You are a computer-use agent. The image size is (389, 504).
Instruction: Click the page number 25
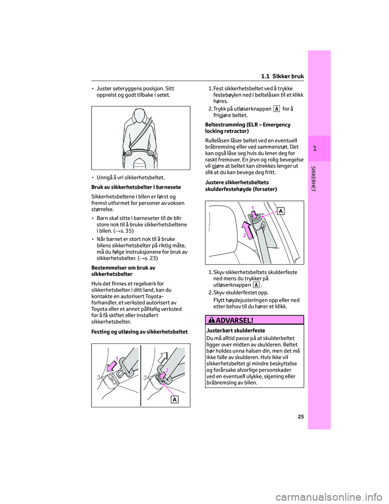[299, 417]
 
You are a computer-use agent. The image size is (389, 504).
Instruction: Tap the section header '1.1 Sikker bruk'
[282, 76]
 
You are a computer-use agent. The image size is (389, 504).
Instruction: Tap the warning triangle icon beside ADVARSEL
[213, 320]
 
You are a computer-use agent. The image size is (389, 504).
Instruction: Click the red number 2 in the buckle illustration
[166, 370]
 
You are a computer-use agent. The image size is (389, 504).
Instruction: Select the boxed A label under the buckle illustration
[174, 400]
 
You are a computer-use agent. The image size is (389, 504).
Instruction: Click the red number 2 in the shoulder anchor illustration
[245, 235]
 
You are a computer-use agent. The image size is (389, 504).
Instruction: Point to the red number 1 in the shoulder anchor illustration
[252, 207]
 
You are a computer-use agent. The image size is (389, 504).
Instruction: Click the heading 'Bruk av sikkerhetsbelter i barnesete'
[136, 187]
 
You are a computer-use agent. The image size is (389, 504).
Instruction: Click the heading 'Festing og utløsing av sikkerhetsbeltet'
[139, 332]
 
